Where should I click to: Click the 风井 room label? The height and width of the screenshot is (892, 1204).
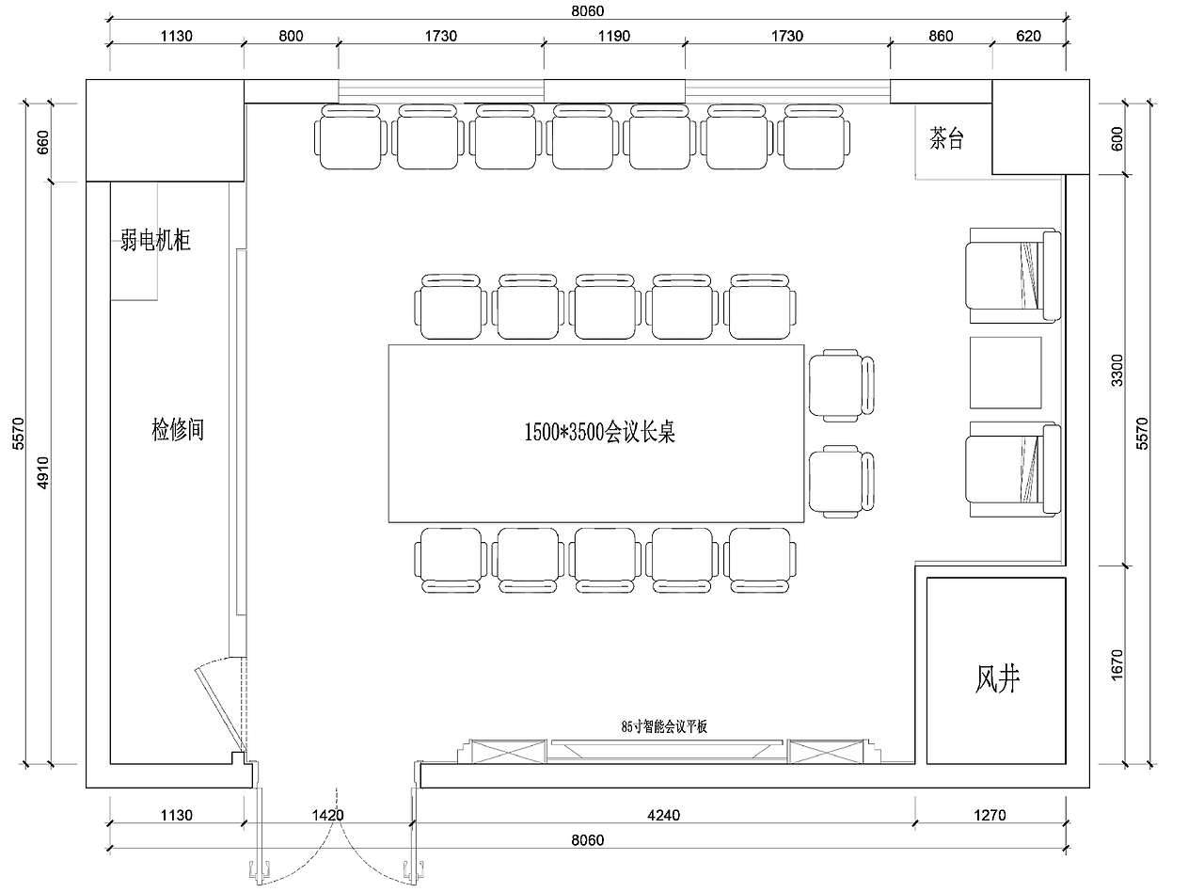pos(997,679)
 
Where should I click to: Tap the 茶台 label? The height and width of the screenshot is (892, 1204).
pos(946,138)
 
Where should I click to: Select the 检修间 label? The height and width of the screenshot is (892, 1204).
pos(178,430)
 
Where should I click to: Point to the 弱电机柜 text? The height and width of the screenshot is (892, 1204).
pos(155,240)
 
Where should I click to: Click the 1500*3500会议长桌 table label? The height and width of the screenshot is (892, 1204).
pos(599,433)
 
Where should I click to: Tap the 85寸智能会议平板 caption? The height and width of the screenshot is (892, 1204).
pos(664,726)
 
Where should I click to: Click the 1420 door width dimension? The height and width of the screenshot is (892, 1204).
pos(327,815)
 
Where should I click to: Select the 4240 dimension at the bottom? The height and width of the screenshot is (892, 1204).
pos(663,815)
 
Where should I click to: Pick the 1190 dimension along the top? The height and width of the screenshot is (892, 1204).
pos(614,36)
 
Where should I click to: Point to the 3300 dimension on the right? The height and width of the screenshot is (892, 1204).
pos(1117,370)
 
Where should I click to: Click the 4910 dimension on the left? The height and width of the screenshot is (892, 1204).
pos(43,472)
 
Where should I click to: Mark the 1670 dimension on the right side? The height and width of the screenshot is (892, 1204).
pos(1117,665)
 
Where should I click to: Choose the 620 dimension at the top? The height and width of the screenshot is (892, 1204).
pos(1028,36)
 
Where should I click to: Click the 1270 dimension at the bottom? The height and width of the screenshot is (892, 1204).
pos(990,815)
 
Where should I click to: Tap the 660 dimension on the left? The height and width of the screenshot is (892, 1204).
pos(43,142)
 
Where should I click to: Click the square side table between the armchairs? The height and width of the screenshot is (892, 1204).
pos(1006,373)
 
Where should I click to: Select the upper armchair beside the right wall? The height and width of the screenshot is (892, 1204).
pos(1013,276)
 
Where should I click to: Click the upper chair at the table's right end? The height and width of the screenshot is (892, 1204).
pos(841,386)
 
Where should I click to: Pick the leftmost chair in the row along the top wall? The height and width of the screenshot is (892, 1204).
pos(351,136)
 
